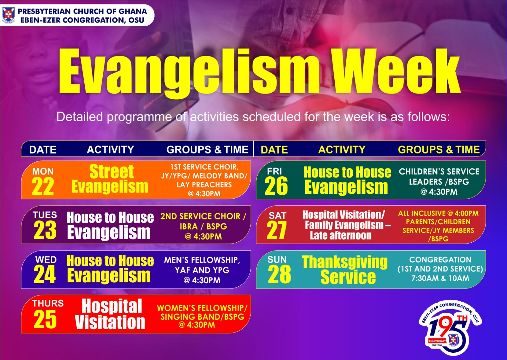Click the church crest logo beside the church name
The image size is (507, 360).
(8, 15)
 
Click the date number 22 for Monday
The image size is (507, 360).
(43, 186)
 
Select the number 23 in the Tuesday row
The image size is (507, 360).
(45, 230)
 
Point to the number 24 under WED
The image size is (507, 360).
(45, 274)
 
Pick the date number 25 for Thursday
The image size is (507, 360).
(45, 319)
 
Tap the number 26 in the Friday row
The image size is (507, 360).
(276, 186)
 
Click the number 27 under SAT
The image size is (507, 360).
(277, 230)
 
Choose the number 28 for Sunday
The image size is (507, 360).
(279, 274)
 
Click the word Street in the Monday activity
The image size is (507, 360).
(111, 172)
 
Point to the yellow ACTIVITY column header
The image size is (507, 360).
(342, 149)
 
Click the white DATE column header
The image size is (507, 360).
(43, 150)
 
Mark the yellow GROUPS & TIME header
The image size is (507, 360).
(439, 149)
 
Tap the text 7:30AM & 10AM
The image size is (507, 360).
(440, 278)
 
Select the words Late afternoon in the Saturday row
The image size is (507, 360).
(341, 235)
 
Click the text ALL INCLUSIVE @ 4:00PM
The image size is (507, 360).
(439, 213)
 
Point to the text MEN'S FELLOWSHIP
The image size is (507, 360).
(202, 260)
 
